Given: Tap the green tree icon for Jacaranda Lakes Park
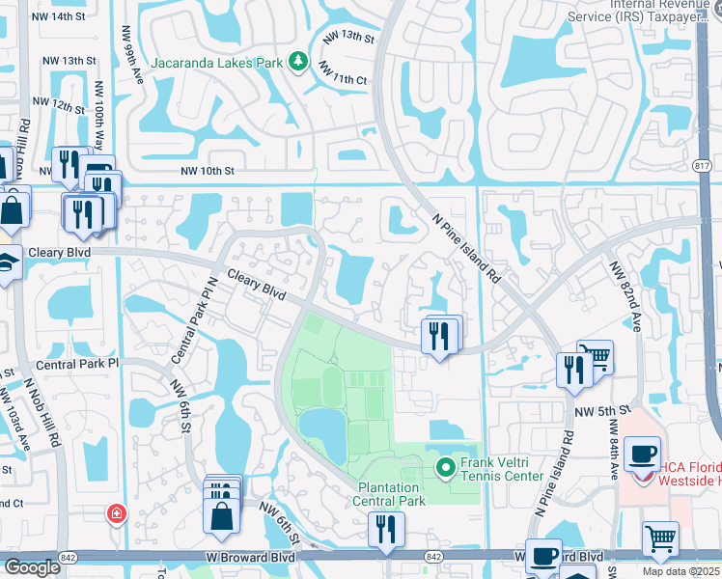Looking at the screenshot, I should tap(299, 62).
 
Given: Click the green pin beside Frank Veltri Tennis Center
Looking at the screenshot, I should tap(445, 470).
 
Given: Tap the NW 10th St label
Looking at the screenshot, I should tap(208, 172).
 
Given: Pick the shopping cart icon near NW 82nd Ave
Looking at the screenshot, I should tap(596, 357).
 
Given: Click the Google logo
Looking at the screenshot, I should tap(32, 567).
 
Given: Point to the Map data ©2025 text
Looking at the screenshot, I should tap(680, 571).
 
